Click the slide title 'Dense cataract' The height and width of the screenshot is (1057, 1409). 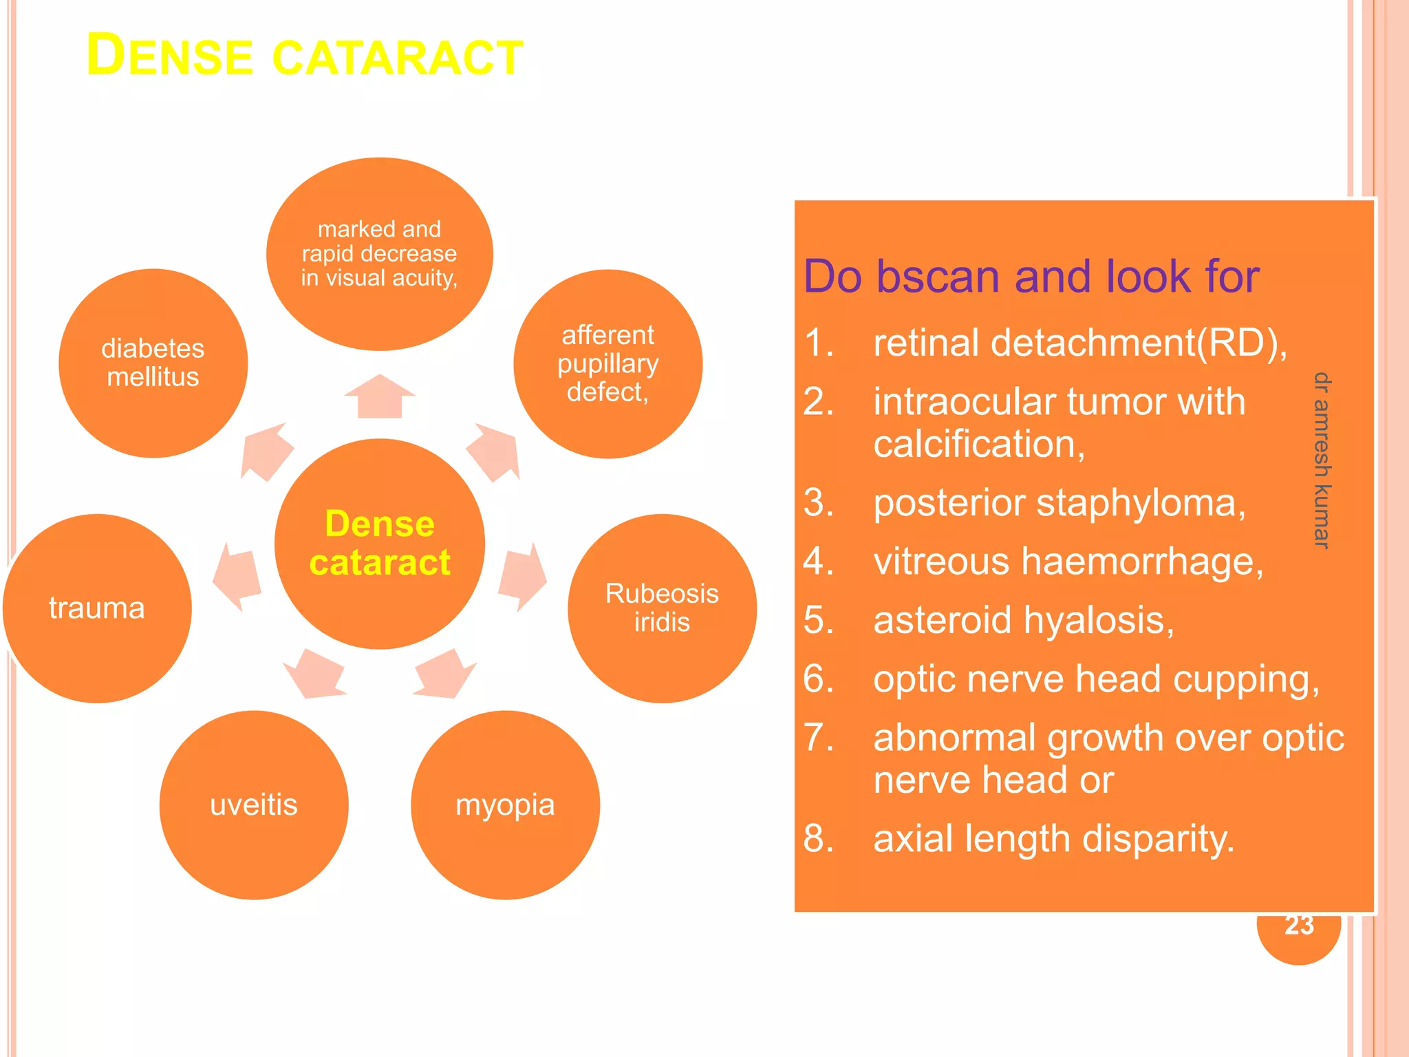[x=305, y=56]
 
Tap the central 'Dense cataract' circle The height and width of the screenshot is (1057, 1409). [x=379, y=543]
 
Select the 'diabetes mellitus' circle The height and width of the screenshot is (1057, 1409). [x=153, y=363]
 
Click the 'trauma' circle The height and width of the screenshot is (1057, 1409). [x=97, y=608]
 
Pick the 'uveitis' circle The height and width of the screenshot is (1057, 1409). [x=254, y=804]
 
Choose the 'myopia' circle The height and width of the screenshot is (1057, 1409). [x=505, y=804]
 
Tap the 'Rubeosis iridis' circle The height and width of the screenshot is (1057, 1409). [x=662, y=608]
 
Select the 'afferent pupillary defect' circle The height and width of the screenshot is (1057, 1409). [x=607, y=363]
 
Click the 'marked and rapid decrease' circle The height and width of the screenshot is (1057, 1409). [x=379, y=253]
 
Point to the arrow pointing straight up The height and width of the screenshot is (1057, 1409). [x=379, y=396]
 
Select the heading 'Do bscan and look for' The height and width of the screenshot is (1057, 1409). [x=1031, y=277]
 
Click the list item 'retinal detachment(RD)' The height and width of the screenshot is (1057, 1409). [x=1079, y=342]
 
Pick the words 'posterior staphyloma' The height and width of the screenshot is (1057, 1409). [x=1059, y=502]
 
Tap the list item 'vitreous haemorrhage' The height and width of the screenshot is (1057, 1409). [x=1068, y=561]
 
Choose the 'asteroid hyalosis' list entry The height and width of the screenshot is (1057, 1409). [x=1023, y=620]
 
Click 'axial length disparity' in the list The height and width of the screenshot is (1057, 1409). [x=1053, y=838]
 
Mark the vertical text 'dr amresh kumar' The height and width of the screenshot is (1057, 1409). [x=1322, y=460]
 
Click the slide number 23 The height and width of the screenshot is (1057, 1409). [x=1299, y=928]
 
